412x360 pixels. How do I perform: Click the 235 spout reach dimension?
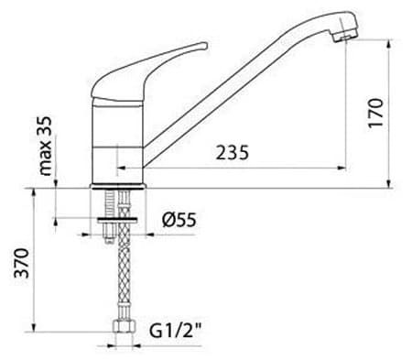coord(233,152)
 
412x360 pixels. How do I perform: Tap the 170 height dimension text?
coord(375,113)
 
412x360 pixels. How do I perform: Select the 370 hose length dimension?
coord(22,263)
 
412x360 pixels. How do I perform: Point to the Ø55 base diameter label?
coord(179,220)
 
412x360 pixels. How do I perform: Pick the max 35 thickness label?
coord(46,146)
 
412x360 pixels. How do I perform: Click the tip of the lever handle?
coord(205,45)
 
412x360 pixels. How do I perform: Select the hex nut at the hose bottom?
coord(124,326)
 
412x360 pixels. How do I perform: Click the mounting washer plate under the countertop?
coord(117,220)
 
